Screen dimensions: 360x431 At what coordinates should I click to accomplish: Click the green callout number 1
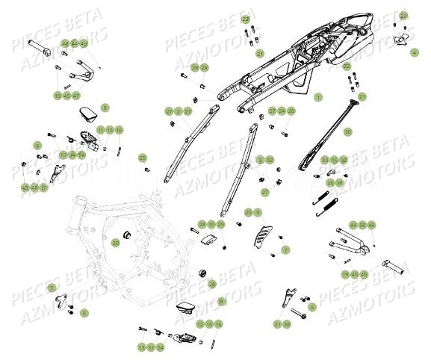[x=317, y=97]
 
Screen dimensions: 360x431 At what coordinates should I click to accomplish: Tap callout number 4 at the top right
[x=415, y=52]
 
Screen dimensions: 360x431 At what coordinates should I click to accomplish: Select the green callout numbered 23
[x=404, y=16]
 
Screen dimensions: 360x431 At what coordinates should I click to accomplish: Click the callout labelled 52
[x=270, y=160]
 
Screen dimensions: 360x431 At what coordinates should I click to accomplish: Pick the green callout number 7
[x=285, y=249]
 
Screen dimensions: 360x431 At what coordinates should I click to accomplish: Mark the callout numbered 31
[x=277, y=325]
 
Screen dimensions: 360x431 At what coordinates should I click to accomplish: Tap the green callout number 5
[x=52, y=288]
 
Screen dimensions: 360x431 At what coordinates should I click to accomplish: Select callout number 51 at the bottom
[x=151, y=347]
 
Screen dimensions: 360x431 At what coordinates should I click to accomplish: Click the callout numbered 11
[x=100, y=130]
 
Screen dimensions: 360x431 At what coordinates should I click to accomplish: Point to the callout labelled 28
[x=202, y=225]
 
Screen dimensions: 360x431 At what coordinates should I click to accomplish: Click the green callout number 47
[x=76, y=96]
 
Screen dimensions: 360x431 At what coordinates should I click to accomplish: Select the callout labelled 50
[x=362, y=225]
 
